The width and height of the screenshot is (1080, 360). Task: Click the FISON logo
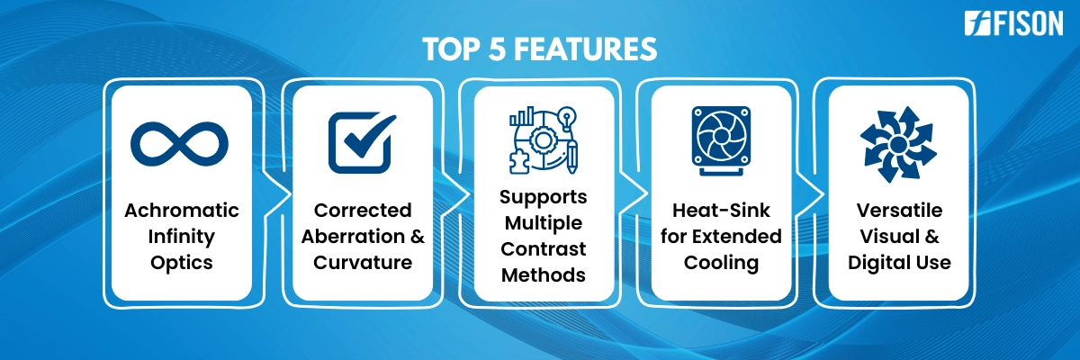point(1013,23)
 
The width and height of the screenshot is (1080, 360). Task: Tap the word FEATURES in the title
point(585,49)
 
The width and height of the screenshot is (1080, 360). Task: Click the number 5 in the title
point(497,49)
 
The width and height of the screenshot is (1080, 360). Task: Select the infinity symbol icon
point(179,144)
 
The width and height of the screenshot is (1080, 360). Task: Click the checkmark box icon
point(362,143)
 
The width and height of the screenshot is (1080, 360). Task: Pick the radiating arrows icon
point(898,144)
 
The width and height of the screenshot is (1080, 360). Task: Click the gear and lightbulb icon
point(544,140)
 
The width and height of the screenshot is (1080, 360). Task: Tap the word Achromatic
point(182,210)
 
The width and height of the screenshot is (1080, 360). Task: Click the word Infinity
point(181,237)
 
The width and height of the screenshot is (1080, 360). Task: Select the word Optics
point(181,263)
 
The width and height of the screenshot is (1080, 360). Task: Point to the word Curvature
point(363,263)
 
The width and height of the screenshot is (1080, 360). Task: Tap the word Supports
point(544,198)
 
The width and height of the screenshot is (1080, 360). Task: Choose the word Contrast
point(544,249)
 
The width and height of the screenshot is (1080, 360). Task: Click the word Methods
point(544,275)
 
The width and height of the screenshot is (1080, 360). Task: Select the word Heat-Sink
point(721,210)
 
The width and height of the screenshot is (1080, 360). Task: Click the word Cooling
point(721,264)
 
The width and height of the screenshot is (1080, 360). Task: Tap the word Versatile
point(899,210)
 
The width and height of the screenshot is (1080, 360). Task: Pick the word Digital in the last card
point(877,264)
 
